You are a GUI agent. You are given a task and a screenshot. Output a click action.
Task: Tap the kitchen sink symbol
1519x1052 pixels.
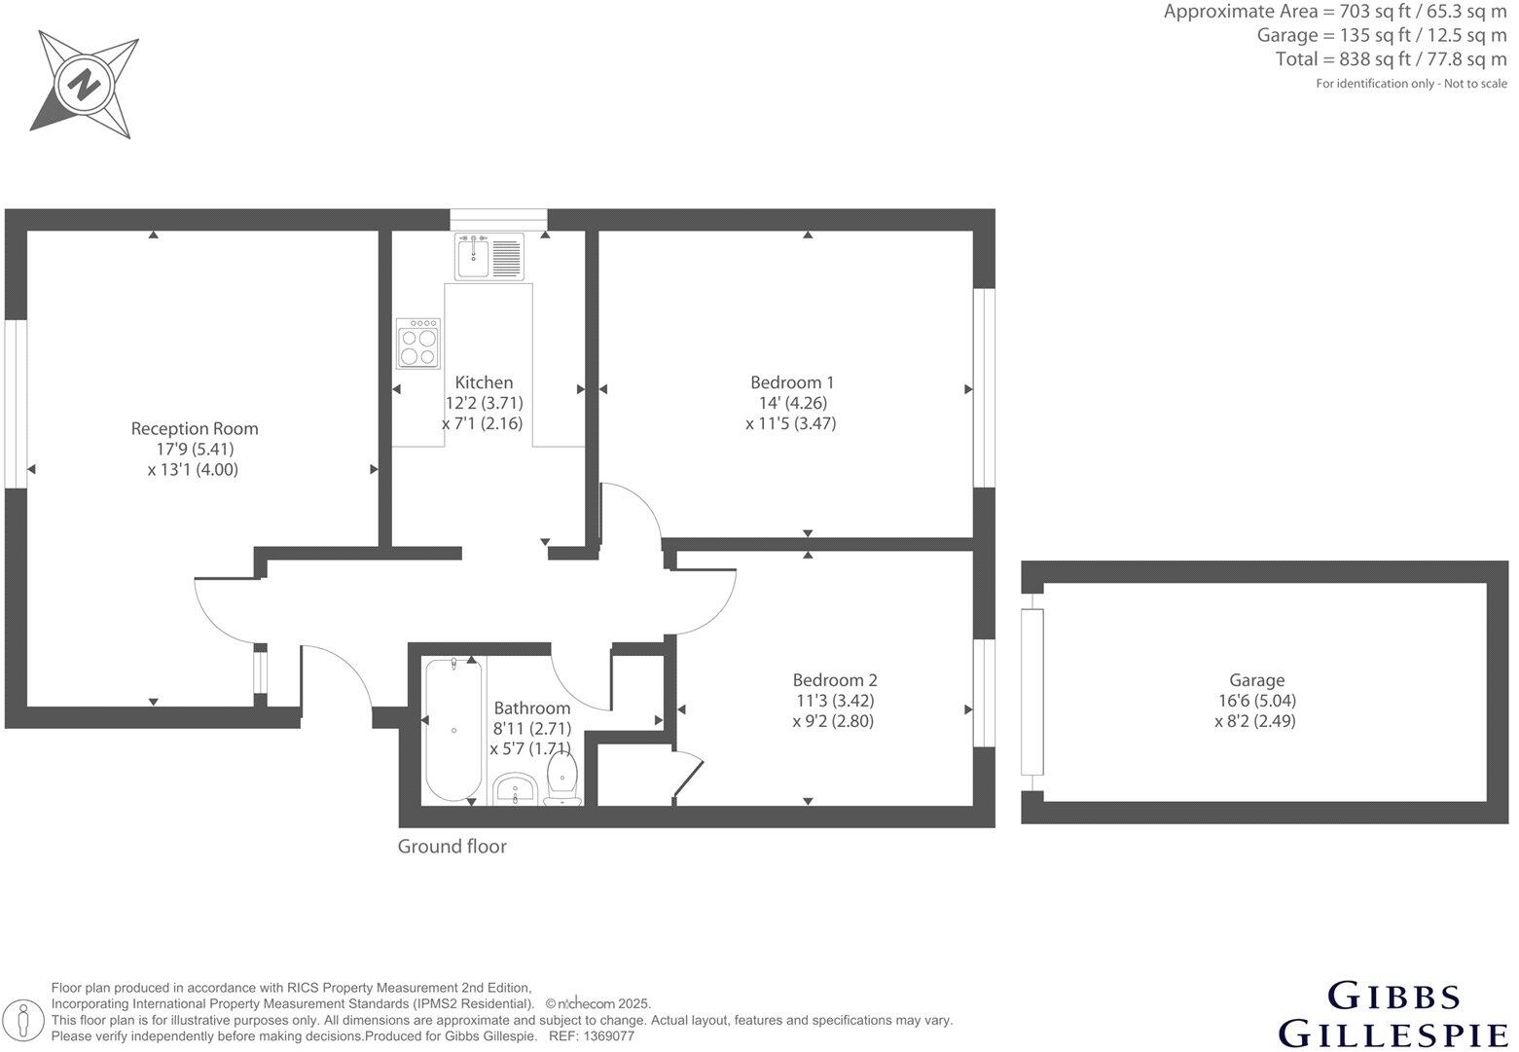488,256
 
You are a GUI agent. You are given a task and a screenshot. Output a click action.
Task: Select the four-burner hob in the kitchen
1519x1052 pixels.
419,343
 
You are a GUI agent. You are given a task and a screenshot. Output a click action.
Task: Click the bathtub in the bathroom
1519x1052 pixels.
453,730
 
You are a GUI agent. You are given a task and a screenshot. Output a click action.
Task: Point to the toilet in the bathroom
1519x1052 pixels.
563,781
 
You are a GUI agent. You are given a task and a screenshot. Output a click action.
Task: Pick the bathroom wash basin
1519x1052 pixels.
514,789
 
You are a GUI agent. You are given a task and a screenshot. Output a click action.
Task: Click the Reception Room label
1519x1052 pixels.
195,428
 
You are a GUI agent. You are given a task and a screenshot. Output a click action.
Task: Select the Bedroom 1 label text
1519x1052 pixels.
792,382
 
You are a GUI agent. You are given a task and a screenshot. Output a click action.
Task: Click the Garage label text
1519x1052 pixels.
1256,680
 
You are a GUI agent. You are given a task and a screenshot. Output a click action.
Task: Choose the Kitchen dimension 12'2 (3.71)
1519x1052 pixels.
485,403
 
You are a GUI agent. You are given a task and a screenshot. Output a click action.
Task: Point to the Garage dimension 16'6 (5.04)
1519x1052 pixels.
1255,701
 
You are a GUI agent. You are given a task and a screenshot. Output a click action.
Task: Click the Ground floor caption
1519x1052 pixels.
452,847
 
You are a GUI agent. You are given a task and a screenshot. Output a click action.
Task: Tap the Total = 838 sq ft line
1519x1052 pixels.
1391,59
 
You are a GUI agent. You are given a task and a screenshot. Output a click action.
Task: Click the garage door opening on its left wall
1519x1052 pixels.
1031,691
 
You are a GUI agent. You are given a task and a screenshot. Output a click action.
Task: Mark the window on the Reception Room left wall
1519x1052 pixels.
16,403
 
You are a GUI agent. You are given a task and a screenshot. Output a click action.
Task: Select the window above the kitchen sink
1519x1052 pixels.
498,219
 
